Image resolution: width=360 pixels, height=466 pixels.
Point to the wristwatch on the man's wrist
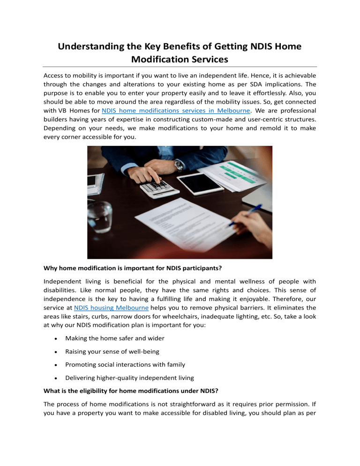(x=179, y=165)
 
